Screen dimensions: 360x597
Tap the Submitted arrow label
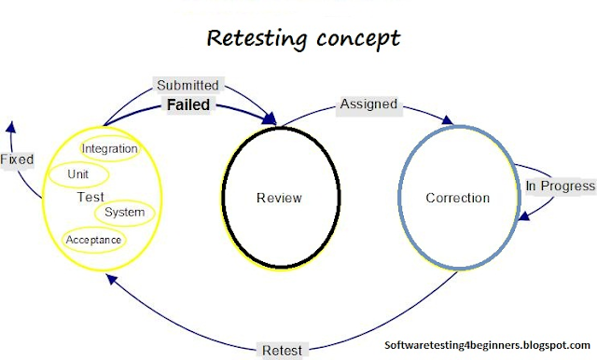point(187,85)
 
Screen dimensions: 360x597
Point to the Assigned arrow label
point(368,104)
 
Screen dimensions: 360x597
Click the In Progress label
point(560,186)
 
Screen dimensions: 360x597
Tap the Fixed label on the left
point(17,159)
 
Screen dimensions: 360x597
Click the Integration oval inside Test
point(110,148)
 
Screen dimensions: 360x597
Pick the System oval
point(124,212)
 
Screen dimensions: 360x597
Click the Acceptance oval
point(93,240)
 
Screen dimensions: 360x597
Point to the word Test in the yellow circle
point(90,197)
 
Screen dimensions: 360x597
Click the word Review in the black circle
point(279,198)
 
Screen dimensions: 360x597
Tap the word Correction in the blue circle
point(457,198)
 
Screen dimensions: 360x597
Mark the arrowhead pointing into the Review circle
point(272,120)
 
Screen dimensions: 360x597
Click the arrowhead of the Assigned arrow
point(451,122)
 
